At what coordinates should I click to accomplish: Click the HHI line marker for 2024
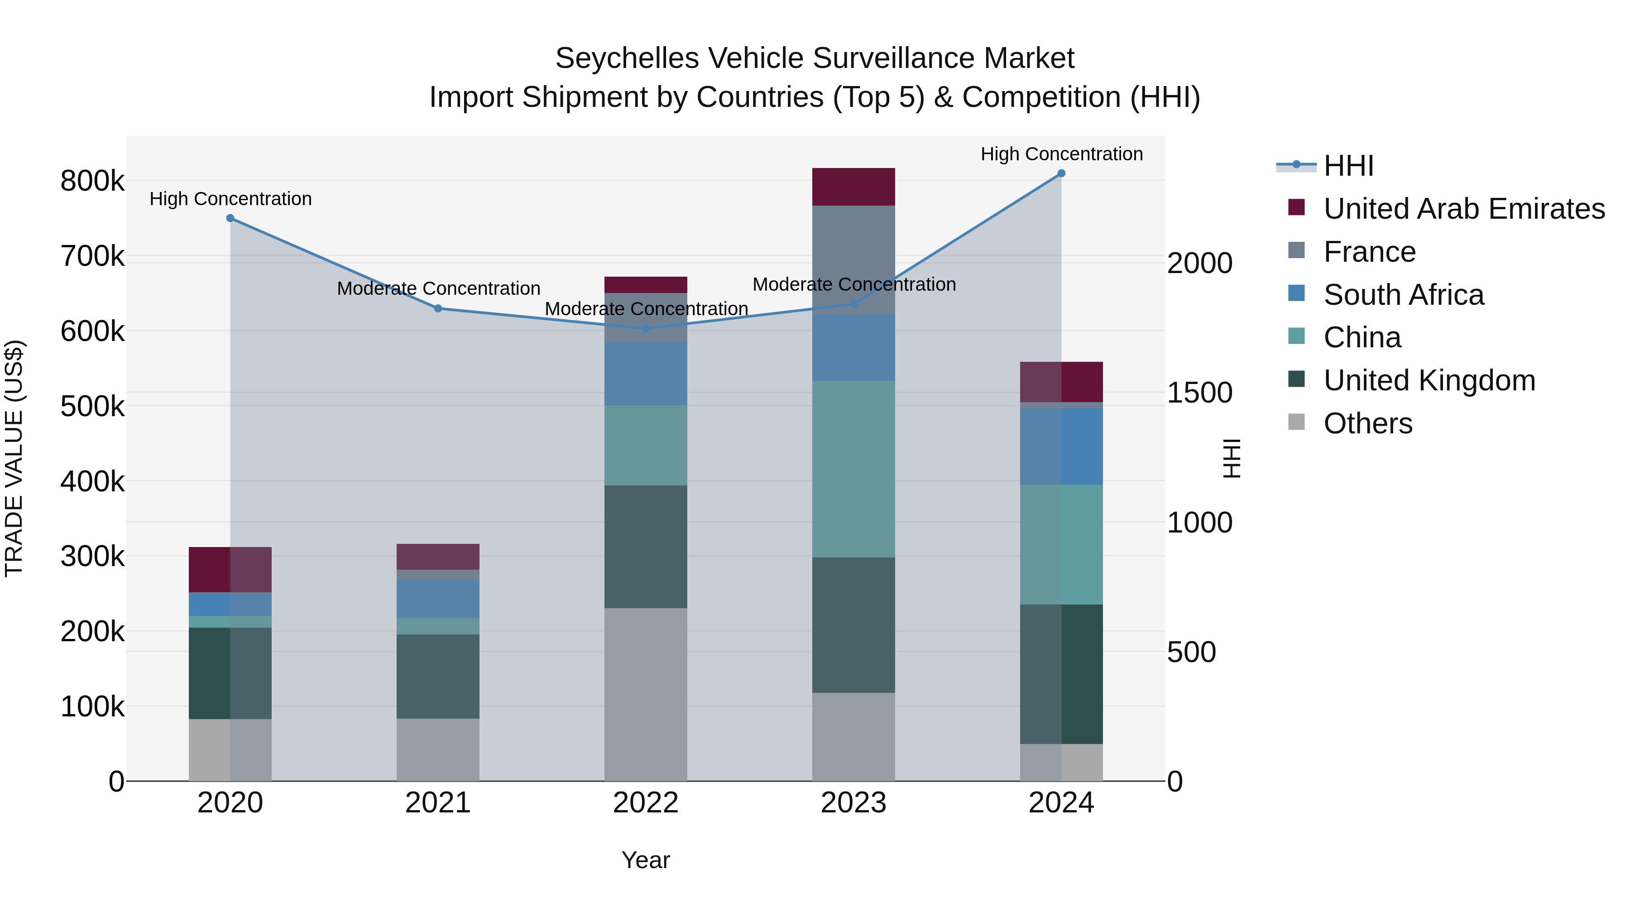(1061, 173)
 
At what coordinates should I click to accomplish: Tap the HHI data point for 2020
(230, 218)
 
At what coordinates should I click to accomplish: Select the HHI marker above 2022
(645, 328)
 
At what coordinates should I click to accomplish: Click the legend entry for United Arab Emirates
(1463, 209)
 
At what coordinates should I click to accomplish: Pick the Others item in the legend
(1367, 423)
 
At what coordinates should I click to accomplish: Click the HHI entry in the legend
(1348, 166)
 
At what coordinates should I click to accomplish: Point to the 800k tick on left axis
(92, 182)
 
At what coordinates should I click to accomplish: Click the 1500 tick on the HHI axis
(1199, 393)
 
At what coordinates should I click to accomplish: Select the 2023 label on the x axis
(853, 803)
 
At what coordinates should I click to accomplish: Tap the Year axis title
(645, 860)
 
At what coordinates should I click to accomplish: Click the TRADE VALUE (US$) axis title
(14, 458)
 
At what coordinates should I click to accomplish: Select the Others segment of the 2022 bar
(645, 694)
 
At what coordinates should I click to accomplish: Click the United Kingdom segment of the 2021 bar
(438, 676)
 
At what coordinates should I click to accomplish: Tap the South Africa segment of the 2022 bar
(645, 374)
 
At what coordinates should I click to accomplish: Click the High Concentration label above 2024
(1061, 154)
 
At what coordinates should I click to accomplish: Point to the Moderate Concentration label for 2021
(438, 288)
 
